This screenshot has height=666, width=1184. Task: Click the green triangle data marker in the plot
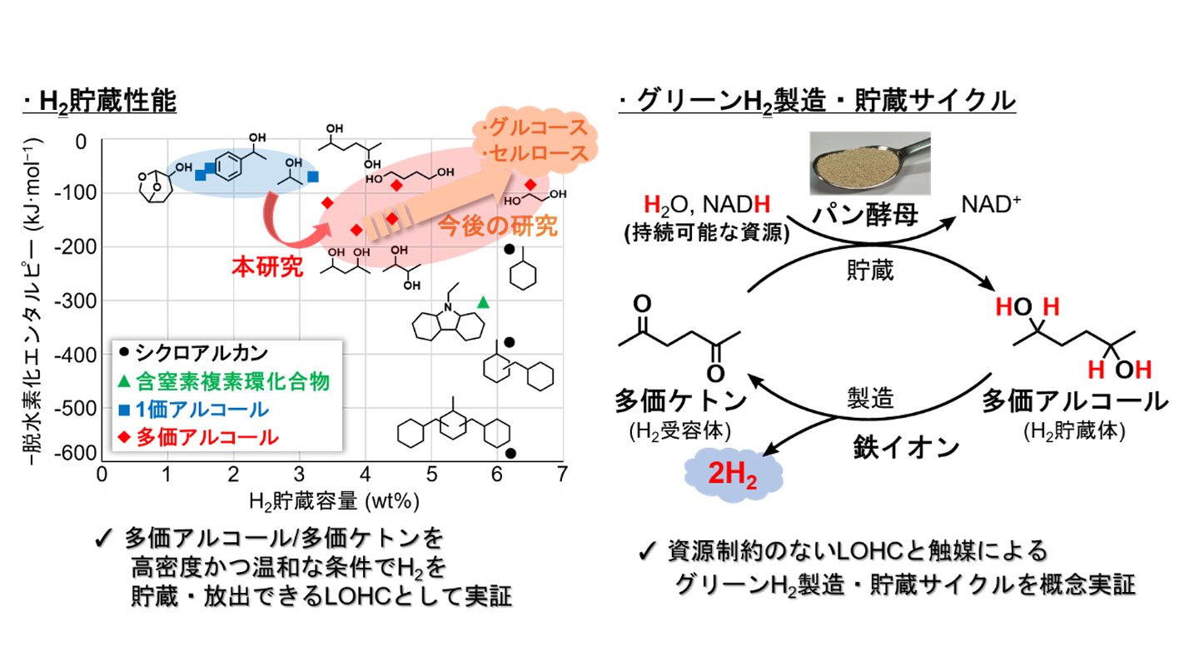[x=483, y=302]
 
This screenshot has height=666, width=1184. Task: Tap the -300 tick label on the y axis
[x=75, y=301]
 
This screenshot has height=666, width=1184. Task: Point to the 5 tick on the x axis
[x=431, y=475]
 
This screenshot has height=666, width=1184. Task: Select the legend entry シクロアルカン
[x=194, y=352]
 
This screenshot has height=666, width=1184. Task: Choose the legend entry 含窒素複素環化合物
[x=224, y=381]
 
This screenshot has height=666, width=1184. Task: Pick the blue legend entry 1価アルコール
[x=194, y=409]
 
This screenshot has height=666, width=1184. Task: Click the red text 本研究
[x=267, y=266]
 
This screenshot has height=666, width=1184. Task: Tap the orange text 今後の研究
[x=497, y=226]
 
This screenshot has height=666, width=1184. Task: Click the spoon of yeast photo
[x=870, y=163]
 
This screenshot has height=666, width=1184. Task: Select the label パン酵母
[x=865, y=215]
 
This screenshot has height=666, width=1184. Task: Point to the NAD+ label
[x=991, y=205]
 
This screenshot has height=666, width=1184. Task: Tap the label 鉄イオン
[x=906, y=447]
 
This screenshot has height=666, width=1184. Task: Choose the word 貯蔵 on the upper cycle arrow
[x=870, y=271]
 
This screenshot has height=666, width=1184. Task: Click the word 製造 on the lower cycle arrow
[x=870, y=398]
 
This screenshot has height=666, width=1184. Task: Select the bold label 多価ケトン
[x=680, y=400]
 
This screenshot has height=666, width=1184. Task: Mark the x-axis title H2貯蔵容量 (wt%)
[x=334, y=501]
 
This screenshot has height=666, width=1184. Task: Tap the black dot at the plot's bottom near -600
[x=510, y=453]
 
